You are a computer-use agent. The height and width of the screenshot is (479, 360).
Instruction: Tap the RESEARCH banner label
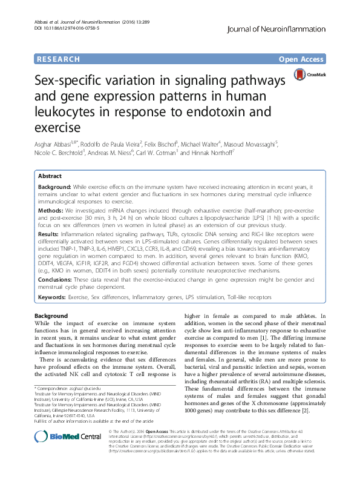(58, 59)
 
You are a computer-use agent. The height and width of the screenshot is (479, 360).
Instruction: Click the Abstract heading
(50, 175)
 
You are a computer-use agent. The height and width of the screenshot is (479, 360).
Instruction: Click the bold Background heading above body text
(51, 317)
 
